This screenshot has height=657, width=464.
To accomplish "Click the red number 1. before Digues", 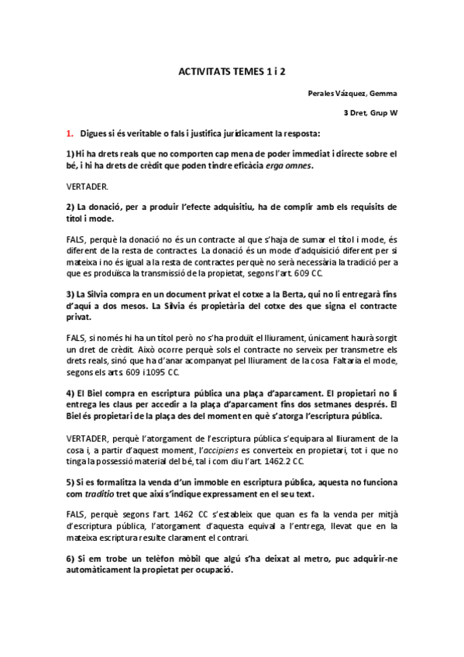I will pyautogui.click(x=69, y=133).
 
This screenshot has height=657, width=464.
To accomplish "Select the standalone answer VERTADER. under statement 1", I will pyautogui.click(x=88, y=187).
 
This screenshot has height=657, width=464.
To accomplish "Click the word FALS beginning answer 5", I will pyautogui.click(x=77, y=515).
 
